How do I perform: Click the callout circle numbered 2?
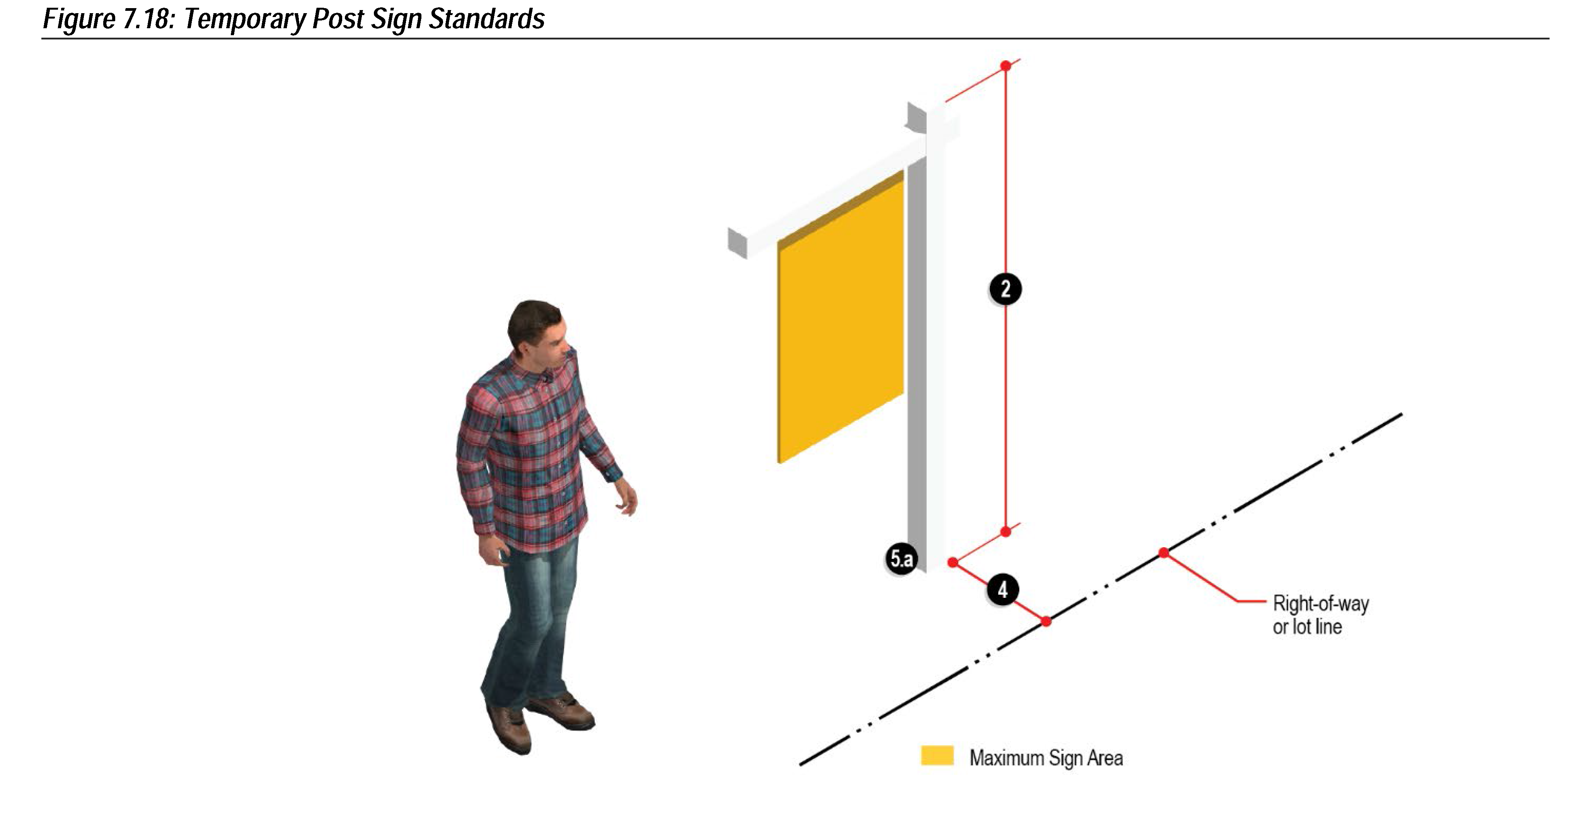1005,289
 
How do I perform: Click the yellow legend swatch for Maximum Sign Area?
937,756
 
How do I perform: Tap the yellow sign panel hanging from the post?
840,317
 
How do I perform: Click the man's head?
537,330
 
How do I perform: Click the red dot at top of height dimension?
1006,66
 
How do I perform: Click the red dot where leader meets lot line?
1163,553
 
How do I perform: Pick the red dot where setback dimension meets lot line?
1046,621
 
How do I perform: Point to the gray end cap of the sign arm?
737,243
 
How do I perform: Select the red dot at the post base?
953,562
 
